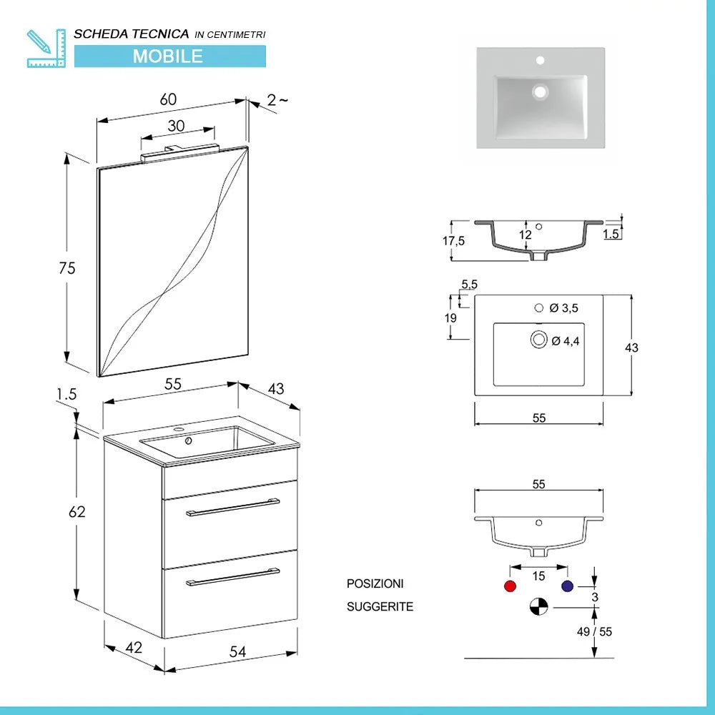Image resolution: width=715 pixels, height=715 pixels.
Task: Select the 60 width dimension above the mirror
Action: tap(168, 99)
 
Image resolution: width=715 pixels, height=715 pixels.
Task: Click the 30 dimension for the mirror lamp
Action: tap(176, 125)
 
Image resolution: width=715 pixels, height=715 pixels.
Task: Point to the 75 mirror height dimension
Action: tap(67, 268)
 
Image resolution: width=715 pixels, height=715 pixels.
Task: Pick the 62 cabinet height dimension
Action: tap(77, 512)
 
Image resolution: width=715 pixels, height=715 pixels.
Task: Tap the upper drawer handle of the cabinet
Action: tap(232, 506)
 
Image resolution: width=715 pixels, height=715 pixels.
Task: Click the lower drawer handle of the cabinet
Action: tap(232, 576)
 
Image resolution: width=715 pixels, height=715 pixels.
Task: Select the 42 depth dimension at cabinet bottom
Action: tap(134, 648)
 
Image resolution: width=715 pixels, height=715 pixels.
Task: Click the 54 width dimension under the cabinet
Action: tap(238, 651)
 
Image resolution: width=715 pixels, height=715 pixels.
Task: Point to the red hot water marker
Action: tap(510, 586)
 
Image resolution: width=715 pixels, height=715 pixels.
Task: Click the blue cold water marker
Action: tap(568, 586)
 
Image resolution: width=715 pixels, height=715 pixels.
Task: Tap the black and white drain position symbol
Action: tap(538, 607)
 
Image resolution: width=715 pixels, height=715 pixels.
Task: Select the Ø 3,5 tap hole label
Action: tap(563, 308)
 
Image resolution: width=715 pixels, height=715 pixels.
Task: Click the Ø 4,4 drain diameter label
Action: tap(565, 341)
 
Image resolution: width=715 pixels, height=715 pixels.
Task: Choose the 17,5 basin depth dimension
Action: tap(453, 241)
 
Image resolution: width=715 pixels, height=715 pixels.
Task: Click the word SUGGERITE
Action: tap(380, 607)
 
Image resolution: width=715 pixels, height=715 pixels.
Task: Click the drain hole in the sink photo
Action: tap(540, 92)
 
